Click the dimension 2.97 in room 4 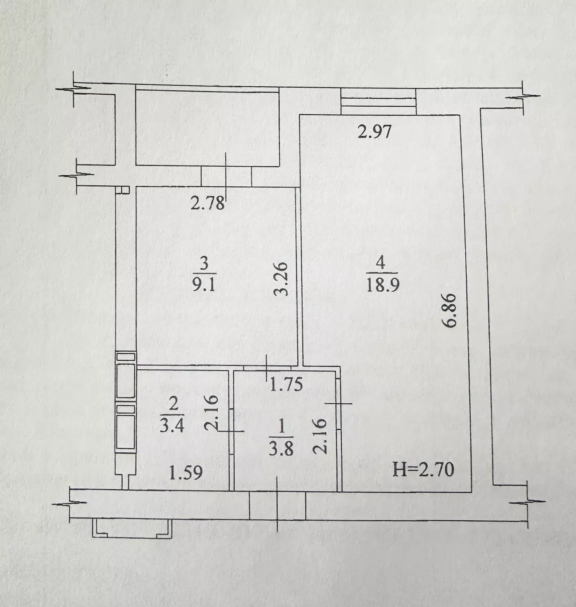tap(374, 132)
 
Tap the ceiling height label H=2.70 tap(423, 470)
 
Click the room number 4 tap(381, 263)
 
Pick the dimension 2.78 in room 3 tap(208, 204)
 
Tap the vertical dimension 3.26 tap(281, 279)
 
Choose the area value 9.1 tap(204, 285)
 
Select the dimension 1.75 tap(286, 384)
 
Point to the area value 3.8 tap(281, 449)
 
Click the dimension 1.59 tap(186, 472)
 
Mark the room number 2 tap(173, 404)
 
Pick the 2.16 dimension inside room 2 tap(212, 413)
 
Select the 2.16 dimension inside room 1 tap(320, 436)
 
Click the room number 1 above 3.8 tap(281, 428)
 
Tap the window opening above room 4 tap(378, 101)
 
